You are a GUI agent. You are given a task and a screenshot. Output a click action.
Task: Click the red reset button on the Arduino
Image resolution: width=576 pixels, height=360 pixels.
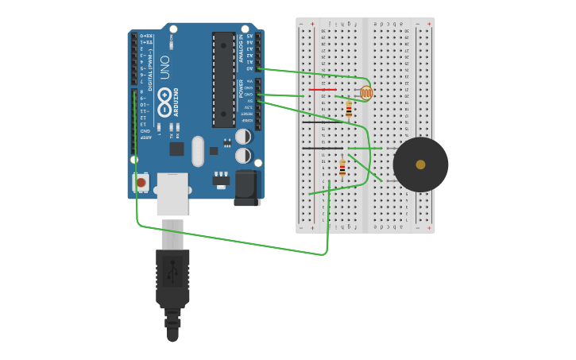click(141, 183)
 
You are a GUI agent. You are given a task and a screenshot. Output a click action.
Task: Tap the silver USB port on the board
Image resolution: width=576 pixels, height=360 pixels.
click(172, 193)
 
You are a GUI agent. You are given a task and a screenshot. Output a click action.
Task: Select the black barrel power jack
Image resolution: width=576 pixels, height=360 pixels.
click(247, 188)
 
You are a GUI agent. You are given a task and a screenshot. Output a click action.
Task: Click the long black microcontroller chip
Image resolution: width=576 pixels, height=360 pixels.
click(223, 79)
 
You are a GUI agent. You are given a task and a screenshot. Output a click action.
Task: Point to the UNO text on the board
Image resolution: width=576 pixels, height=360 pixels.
click(164, 67)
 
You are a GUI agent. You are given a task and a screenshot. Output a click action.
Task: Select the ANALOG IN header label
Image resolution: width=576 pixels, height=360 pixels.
click(241, 48)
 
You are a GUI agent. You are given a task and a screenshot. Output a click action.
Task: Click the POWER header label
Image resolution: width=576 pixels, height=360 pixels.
click(241, 88)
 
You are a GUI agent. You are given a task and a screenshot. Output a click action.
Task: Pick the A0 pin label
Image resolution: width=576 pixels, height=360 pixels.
click(249, 68)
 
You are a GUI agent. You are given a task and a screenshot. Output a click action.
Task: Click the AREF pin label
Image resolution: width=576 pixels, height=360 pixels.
click(145, 137)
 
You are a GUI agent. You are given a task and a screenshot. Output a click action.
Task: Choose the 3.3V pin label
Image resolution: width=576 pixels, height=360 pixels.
click(248, 107)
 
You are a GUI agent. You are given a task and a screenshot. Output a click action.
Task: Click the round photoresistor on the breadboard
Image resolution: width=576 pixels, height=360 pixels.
click(366, 93)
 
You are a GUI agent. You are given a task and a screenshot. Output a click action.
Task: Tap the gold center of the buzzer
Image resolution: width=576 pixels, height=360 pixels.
click(420, 165)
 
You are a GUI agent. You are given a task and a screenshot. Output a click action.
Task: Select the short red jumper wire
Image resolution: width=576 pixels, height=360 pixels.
click(322, 89)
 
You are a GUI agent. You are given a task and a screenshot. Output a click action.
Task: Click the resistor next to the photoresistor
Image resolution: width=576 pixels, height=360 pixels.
click(349, 110)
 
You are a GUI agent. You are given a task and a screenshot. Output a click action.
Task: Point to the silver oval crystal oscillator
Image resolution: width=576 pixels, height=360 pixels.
click(198, 151)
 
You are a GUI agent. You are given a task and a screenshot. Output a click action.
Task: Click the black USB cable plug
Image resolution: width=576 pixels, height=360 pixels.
click(172, 278)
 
